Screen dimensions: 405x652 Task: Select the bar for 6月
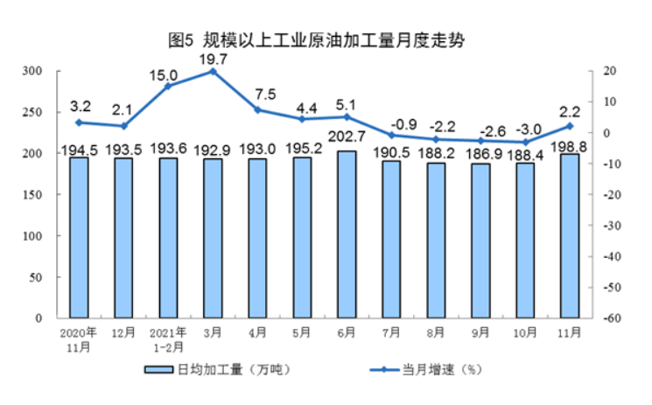point(347,234)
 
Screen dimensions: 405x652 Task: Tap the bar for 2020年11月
point(79,237)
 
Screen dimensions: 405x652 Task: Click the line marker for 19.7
point(213,71)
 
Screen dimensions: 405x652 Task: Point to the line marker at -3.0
point(525,142)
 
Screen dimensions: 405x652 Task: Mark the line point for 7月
point(391,135)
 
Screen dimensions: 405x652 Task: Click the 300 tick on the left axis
point(32,71)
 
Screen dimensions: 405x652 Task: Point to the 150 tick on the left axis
point(32,195)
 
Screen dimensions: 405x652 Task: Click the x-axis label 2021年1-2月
point(168,338)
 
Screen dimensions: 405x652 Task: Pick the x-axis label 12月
point(123,332)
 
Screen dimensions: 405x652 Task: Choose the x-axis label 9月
point(480,332)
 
